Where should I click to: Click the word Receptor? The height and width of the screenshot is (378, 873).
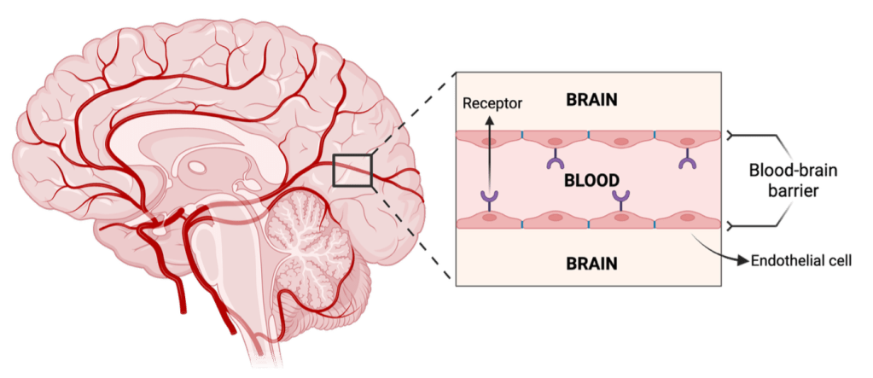[x=492, y=103]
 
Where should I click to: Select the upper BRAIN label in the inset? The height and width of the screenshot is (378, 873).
[x=591, y=100]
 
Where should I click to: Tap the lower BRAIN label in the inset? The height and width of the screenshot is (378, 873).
[x=591, y=262]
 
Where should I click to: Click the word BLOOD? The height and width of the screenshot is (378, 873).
[x=591, y=181]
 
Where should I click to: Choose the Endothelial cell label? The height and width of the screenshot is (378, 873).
[x=800, y=259]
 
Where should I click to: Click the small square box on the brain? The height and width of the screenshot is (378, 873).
[x=352, y=170]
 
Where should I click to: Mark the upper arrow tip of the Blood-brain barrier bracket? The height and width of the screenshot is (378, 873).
[x=727, y=135]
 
